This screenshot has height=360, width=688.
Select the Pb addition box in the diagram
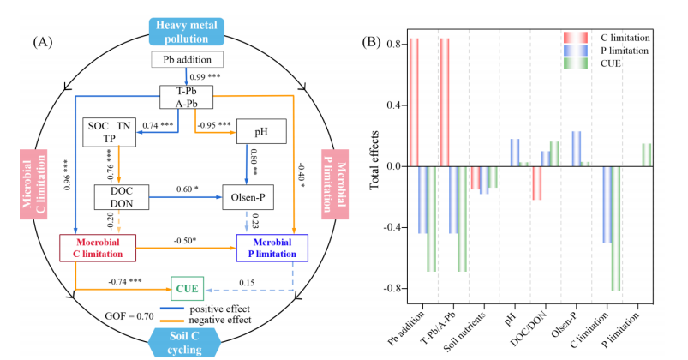[188, 59]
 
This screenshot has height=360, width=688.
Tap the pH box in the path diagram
[259, 131]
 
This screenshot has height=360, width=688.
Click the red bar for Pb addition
[414, 102]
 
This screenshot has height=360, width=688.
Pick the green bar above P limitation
[646, 154]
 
